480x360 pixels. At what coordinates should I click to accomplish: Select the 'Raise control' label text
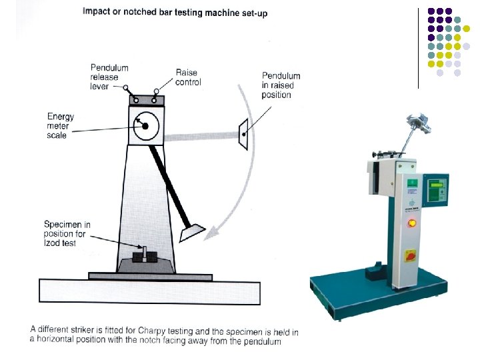(x=188, y=77)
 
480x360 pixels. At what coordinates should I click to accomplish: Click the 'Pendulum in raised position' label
(x=281, y=85)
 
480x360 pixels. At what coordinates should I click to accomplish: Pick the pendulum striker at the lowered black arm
(x=193, y=232)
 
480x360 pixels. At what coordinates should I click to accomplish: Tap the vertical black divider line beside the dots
(x=418, y=47)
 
